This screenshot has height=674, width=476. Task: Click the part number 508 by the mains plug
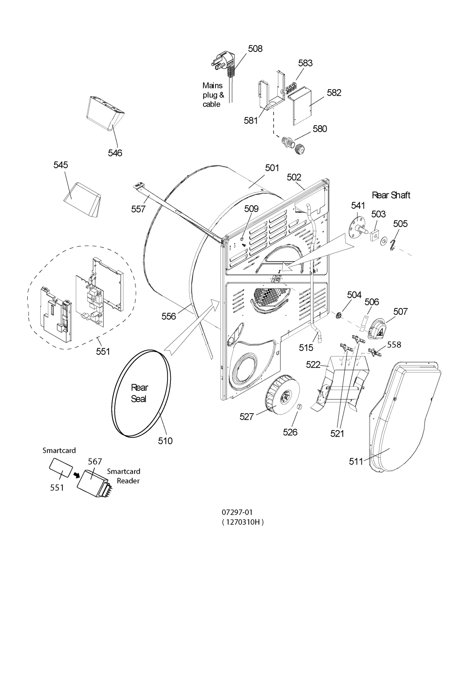point(255,49)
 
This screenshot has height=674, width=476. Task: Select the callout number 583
point(306,63)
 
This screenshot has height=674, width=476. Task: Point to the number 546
point(115,153)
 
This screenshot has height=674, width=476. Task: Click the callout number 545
point(61,165)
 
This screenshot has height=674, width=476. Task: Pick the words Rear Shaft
point(391,195)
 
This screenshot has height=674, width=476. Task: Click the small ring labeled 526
point(299,408)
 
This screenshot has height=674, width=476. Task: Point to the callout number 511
point(356,461)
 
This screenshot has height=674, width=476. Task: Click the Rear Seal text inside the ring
point(139,393)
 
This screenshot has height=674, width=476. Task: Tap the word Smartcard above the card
point(59,450)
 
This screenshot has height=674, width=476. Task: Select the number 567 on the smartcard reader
point(95,461)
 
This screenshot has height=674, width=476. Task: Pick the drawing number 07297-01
point(238,512)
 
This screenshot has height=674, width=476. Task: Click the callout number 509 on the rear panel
point(251,208)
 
